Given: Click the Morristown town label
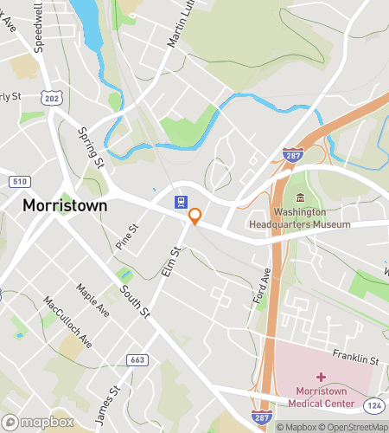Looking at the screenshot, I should [65, 205].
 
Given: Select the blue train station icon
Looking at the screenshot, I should [178, 202].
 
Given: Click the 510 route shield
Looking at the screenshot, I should [17, 181].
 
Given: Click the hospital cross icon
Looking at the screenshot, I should [322, 377].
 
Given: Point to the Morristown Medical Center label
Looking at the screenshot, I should [321, 397].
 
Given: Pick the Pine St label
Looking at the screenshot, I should [127, 237].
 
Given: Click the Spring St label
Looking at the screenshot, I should [90, 149].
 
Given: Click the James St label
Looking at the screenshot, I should [105, 404].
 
